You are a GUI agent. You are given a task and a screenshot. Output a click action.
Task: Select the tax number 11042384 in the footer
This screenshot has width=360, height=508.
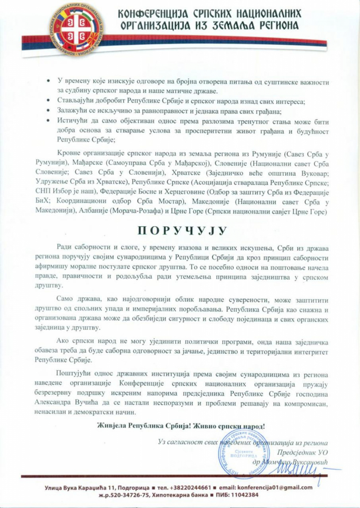point(242,494)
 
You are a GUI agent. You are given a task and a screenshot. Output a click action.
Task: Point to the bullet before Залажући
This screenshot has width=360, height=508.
point(48,110)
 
